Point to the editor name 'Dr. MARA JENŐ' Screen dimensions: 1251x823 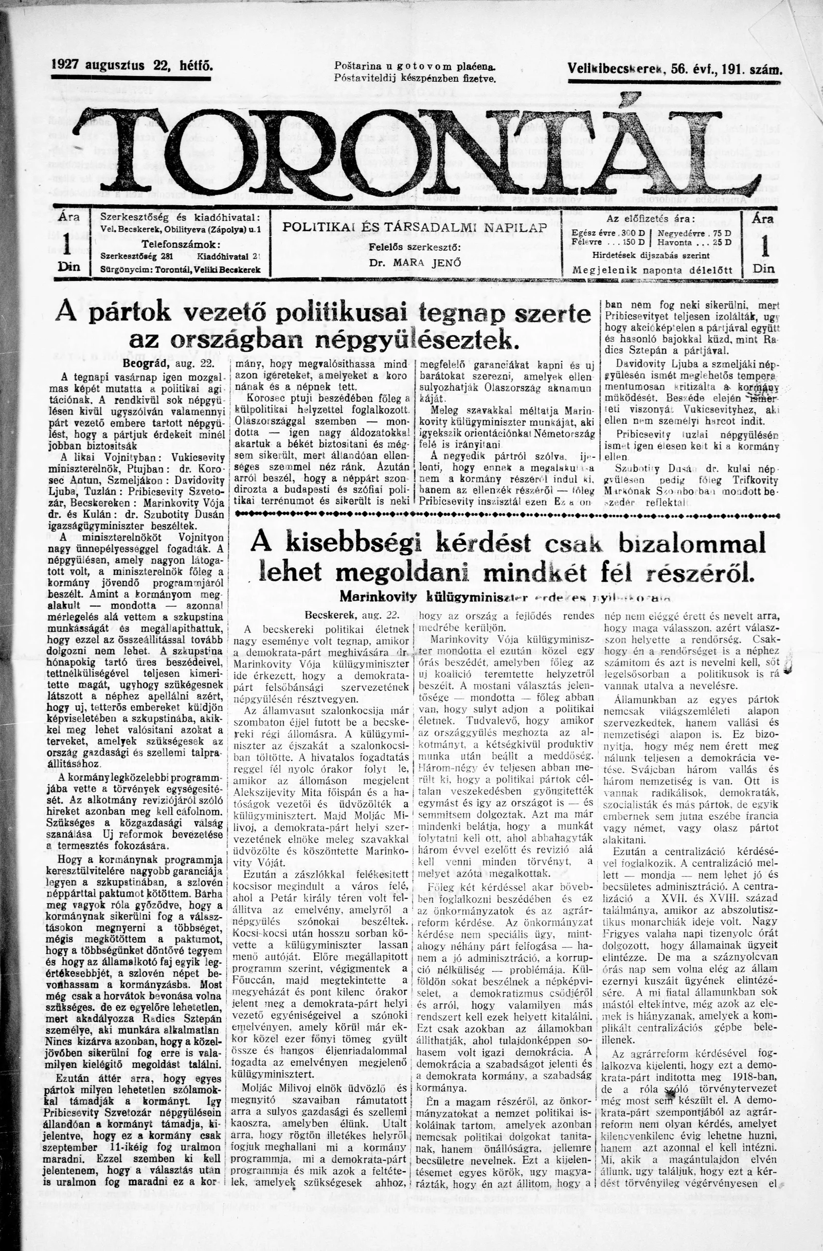415,263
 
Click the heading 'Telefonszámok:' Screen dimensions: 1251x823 181,244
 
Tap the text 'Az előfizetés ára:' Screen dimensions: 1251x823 651,219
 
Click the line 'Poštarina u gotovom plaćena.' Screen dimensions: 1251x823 415,67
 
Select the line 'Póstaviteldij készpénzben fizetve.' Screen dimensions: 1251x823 415,79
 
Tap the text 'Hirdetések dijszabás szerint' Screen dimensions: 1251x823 651,256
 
